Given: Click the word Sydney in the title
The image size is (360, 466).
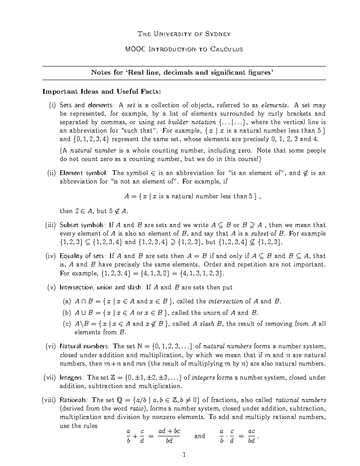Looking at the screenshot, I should click(x=217, y=34).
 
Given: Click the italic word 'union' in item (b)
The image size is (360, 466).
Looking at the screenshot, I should click(x=212, y=313).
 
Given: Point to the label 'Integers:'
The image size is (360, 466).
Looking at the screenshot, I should click(x=72, y=377).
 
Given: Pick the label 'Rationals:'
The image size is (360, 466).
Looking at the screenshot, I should click(x=74, y=400).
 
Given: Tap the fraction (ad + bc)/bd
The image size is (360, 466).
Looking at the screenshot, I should click(x=169, y=436).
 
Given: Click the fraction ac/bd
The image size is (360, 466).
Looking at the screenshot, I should click(x=251, y=436).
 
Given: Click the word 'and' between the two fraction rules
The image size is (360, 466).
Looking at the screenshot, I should click(x=199, y=436).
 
